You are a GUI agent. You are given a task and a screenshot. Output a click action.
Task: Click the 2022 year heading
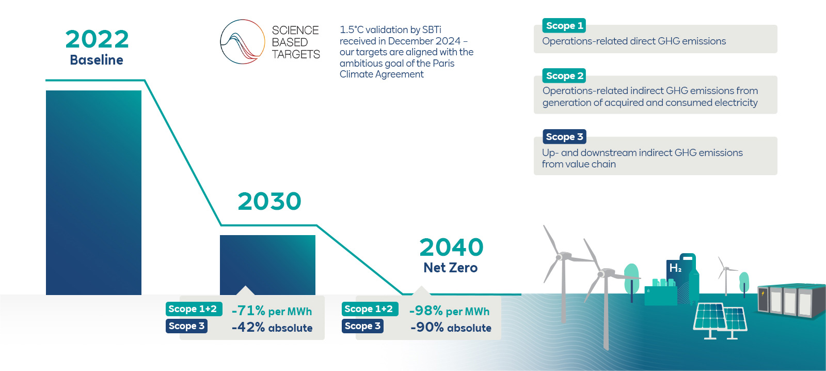[x=97, y=40]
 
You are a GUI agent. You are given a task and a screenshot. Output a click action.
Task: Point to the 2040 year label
[x=451, y=248]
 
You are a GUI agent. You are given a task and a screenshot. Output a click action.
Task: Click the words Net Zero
[x=450, y=268]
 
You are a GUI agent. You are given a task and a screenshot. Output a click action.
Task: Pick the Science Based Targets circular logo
[x=243, y=42]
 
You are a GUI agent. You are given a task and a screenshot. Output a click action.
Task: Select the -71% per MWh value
[x=272, y=311]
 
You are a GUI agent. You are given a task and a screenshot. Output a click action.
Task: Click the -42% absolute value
[x=272, y=328]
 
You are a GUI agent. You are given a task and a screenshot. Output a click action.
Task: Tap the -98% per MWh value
[x=449, y=311]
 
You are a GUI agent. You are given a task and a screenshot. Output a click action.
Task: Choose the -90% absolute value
[x=451, y=328]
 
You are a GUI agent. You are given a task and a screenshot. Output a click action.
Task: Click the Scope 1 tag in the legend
[x=564, y=26]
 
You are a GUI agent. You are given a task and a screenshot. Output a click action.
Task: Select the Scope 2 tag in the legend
[x=564, y=76]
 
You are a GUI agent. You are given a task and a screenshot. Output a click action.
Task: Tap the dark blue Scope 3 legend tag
[x=564, y=137]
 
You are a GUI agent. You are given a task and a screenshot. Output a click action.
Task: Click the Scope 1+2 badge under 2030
[x=193, y=309]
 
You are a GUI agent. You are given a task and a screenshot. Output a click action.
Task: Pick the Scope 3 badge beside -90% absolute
[x=362, y=326]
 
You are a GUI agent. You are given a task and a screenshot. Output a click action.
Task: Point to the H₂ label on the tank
[x=675, y=268]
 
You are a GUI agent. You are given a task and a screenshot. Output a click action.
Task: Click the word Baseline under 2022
[x=97, y=60]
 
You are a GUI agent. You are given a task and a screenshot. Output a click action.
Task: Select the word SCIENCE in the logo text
[x=295, y=30]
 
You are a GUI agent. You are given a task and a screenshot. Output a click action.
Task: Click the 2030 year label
[x=269, y=202]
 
